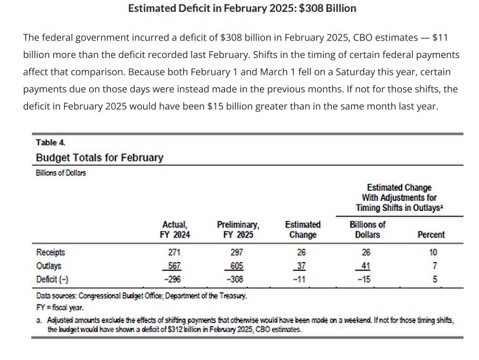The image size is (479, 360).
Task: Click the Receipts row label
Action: (50, 253)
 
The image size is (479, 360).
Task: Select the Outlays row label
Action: (49, 266)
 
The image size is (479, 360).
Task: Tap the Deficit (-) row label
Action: (53, 279)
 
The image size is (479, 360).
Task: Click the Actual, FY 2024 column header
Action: (175, 230)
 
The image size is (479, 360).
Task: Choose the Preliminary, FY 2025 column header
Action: (238, 230)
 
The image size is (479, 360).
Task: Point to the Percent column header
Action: (430, 235)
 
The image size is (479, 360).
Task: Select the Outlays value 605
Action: (238, 266)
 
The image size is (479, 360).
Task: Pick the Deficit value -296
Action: (175, 279)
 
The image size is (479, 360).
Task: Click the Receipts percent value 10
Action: (433, 253)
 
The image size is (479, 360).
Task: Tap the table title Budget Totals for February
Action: (100, 157)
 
